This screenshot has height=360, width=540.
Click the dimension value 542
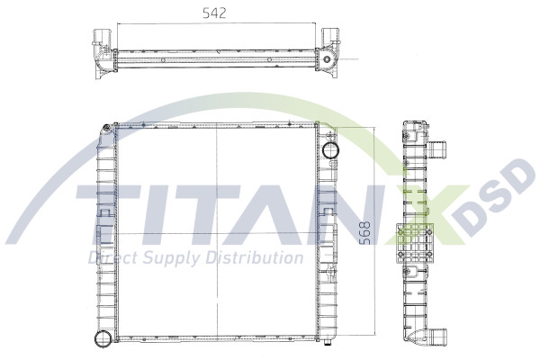click(x=212, y=13)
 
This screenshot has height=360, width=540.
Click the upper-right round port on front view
click(x=329, y=148)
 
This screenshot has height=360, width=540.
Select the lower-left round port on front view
click(x=102, y=338)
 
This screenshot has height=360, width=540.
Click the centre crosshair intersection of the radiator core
click(x=216, y=233)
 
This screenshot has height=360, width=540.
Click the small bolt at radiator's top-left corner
click(x=109, y=127)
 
